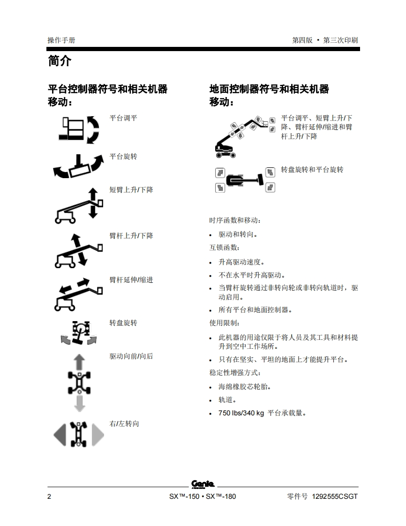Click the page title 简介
coord(60,61)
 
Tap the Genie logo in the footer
coord(203,484)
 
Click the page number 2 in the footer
coord(49,496)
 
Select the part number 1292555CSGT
coord(335,496)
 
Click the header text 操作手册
coord(61,40)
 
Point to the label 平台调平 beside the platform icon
coord(123,118)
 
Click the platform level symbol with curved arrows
coord(79,130)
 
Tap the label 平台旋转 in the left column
coord(123,156)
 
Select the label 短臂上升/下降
coord(131,190)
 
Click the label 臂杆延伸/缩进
coord(131,280)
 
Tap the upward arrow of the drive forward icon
coord(79,361)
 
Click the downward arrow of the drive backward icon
coord(80,404)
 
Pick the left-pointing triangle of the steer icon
coord(60,435)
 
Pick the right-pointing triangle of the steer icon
coord(98,435)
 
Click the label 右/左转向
coord(124,424)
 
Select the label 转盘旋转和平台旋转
coord(312,170)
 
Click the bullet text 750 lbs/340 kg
coord(241,413)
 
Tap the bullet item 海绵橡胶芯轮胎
coord(245,387)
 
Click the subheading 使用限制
coord(224,323)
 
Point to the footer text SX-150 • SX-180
coord(203,496)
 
